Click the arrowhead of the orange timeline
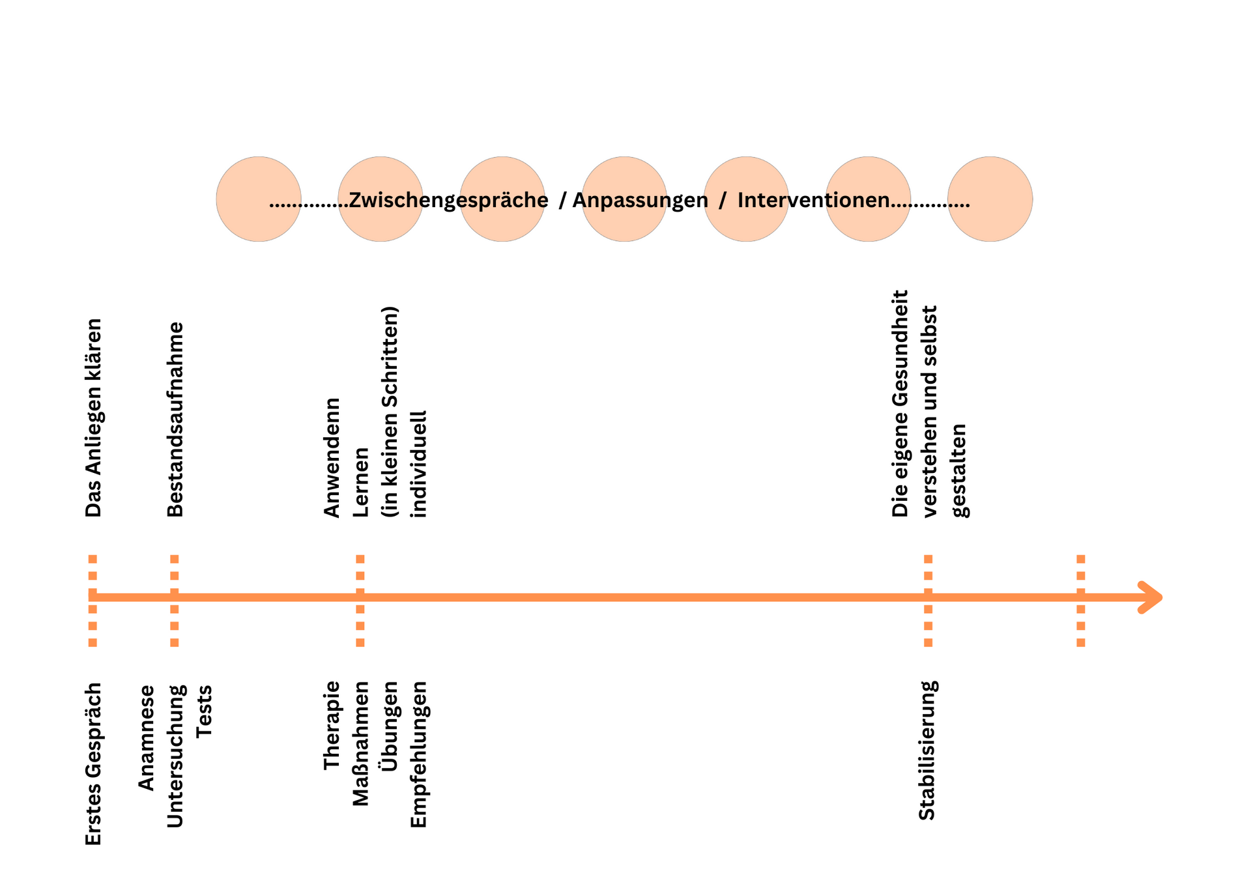tap(1152, 597)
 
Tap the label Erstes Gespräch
tap(94, 764)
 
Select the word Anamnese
tap(147, 738)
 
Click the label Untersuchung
tap(175, 756)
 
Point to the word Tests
tap(205, 711)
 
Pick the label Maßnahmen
tap(361, 744)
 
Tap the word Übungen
tap(390, 726)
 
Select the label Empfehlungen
tap(418, 755)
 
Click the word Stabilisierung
tap(927, 750)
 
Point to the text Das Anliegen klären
tap(94, 418)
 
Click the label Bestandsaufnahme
tap(175, 420)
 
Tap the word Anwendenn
tap(332, 458)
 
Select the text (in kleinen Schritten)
tap(390, 412)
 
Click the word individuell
tap(418, 464)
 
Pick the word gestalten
tap(960, 471)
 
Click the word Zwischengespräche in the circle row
tap(448, 200)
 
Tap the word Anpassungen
tap(640, 200)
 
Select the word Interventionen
tap(813, 200)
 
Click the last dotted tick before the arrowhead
tap(1081, 600)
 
